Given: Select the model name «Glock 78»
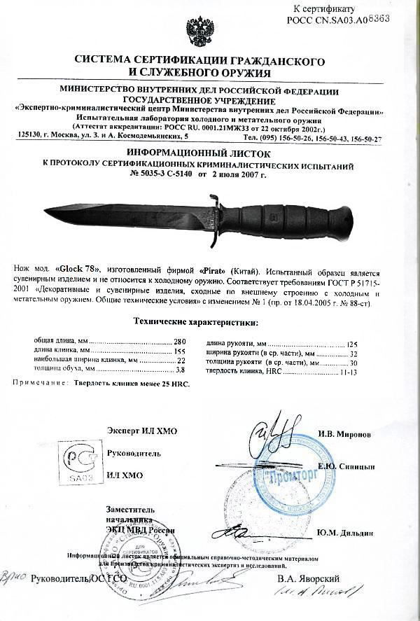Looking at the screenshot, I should (x=78, y=270).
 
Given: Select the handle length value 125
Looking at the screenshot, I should (x=352, y=344).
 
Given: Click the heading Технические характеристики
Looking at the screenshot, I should (x=195, y=323).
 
